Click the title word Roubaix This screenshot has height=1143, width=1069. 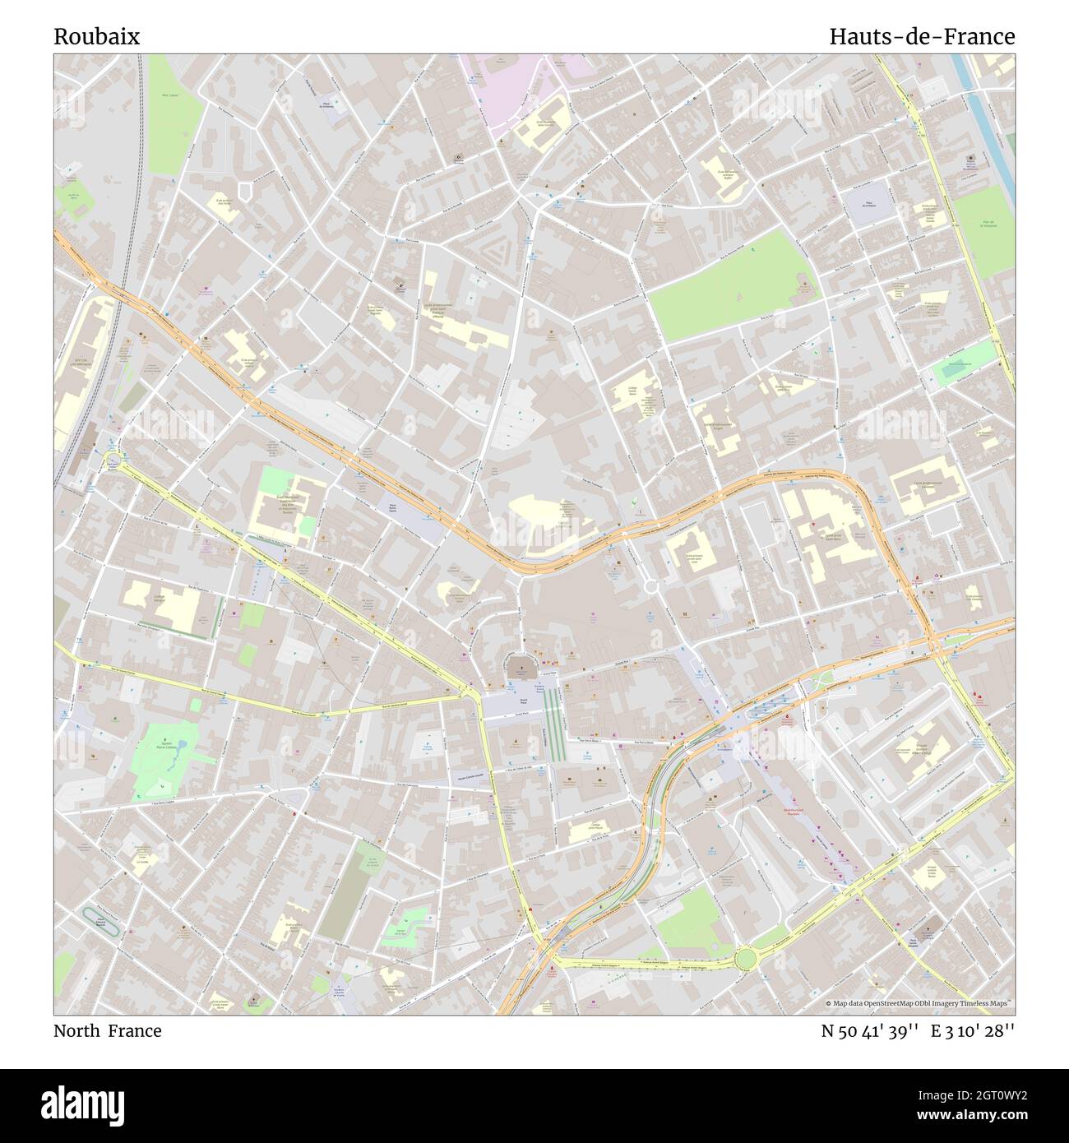tap(96, 37)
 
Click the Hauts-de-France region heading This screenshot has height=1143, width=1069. tap(921, 37)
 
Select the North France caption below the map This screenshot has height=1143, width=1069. tap(107, 1031)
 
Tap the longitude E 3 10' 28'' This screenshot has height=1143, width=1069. tap(972, 1031)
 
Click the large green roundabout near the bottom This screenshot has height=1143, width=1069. tap(745, 958)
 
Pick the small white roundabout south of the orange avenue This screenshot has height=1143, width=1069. tap(650, 586)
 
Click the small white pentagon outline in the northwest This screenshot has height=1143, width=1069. tap(245, 191)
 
